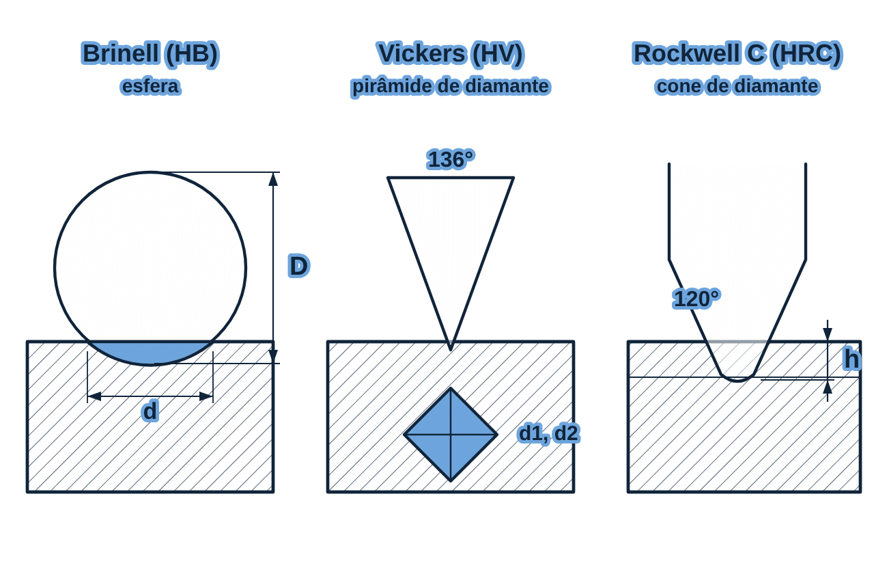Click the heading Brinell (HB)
[151, 54]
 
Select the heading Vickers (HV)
[451, 54]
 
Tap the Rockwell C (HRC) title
[737, 54]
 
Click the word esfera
[151, 86]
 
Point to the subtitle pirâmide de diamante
[451, 87]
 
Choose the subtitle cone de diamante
[737, 86]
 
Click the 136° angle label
[451, 159]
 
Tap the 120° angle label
[696, 299]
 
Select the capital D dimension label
[299, 266]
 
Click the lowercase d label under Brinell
[150, 411]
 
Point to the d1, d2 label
[548, 433]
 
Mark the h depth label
[851, 359]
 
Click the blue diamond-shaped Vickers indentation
[451, 434]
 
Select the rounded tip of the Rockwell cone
[737, 379]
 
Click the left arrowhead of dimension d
[94, 396]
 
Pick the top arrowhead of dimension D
[273, 179]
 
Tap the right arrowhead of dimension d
[206, 396]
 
